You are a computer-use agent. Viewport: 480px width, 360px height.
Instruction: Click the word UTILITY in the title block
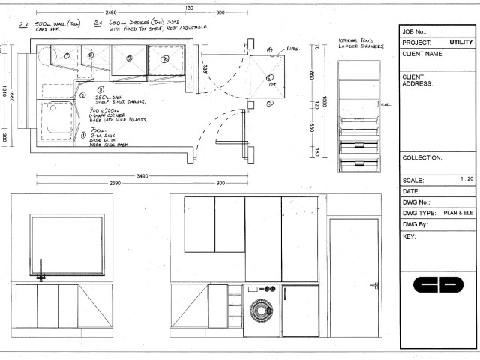(461, 43)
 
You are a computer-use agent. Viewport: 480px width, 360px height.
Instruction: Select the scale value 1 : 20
(466, 180)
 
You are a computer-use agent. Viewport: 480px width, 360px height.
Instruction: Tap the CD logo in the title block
(437, 286)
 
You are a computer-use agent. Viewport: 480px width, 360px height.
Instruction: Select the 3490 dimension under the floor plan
(140, 176)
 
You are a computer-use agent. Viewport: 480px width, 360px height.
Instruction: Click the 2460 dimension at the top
(110, 13)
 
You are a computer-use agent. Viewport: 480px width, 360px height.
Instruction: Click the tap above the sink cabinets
(43, 271)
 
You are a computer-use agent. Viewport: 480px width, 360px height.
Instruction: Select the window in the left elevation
(61, 244)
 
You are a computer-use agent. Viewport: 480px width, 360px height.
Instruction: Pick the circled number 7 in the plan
(66, 56)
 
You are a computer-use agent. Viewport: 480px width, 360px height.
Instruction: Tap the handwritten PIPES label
(292, 49)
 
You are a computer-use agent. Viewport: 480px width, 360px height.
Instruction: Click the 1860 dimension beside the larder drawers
(325, 103)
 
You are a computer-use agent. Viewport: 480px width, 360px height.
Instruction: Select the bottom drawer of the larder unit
(359, 145)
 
